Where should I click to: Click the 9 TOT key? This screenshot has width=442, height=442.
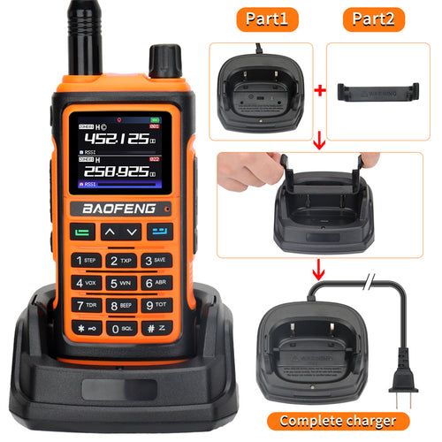(x=156, y=306)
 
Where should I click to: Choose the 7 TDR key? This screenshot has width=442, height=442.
(x=87, y=306)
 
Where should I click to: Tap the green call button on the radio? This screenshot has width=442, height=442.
(x=85, y=232)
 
